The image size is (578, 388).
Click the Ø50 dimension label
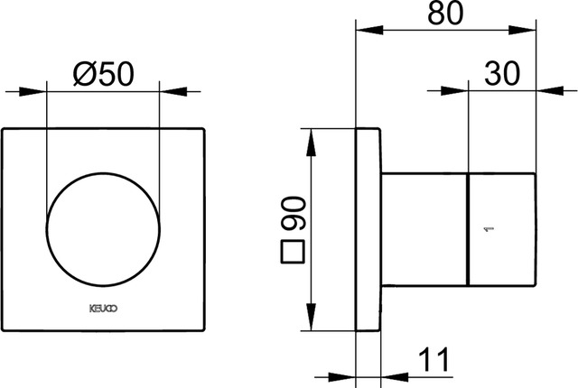click(x=104, y=74)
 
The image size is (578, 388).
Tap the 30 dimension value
click(x=502, y=73)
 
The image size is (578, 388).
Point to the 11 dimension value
click(x=433, y=359)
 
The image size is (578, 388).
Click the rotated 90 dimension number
click(x=293, y=214)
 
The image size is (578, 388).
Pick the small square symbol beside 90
click(x=293, y=252)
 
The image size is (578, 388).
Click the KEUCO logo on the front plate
click(x=104, y=309)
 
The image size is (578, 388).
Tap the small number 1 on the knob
click(x=489, y=230)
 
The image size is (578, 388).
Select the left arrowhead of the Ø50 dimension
click(x=33, y=91)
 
